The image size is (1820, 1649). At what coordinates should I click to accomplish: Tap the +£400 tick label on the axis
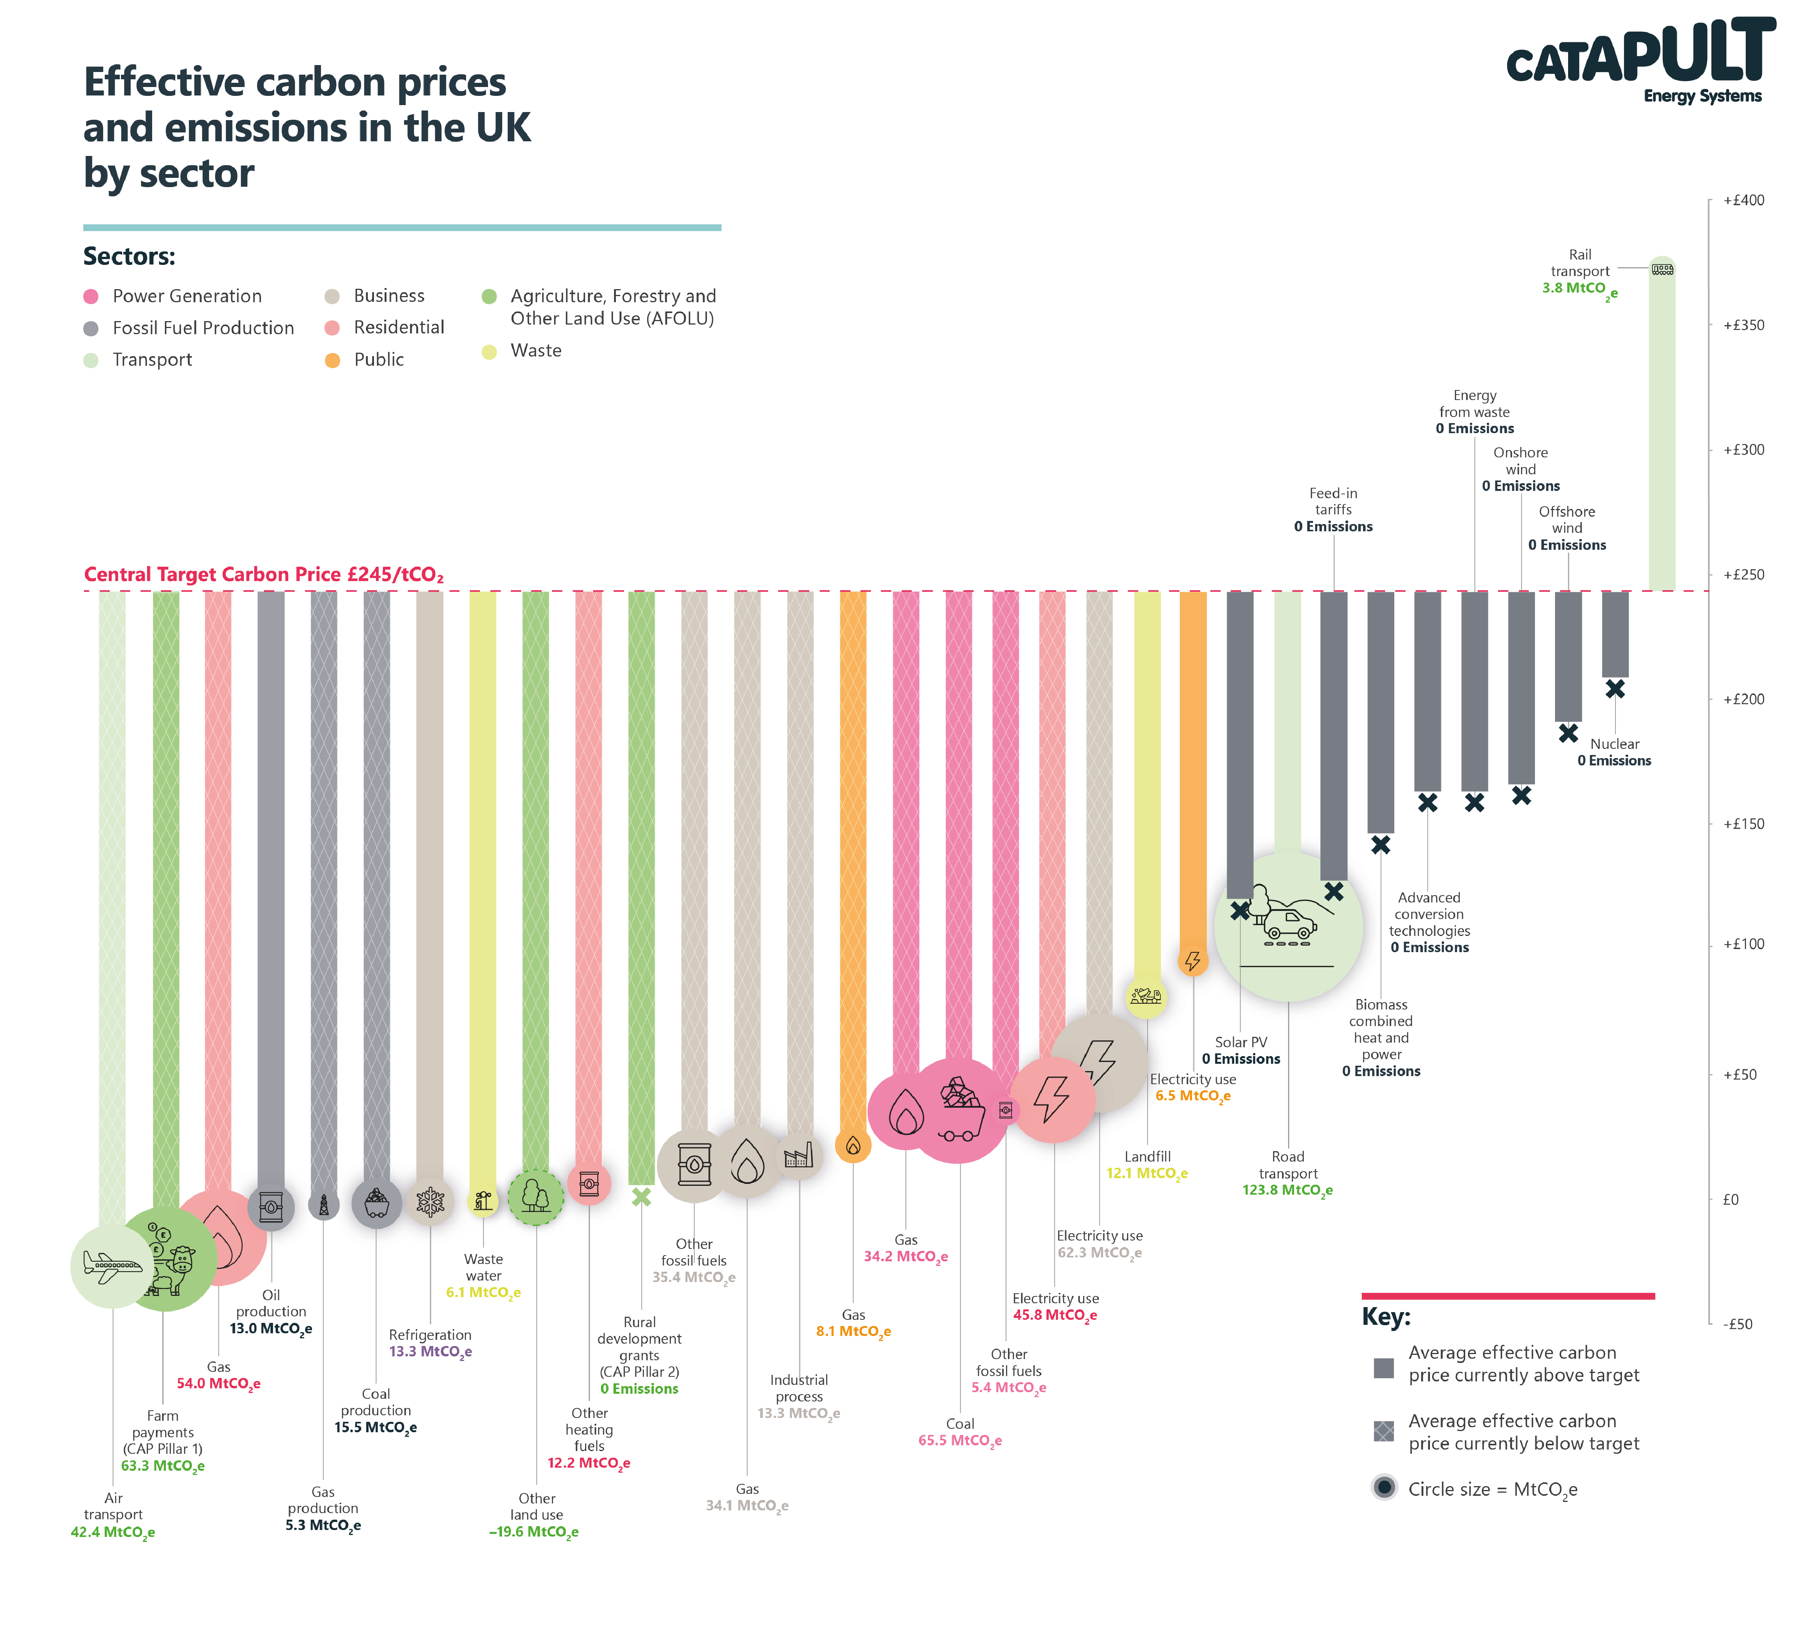click(1742, 200)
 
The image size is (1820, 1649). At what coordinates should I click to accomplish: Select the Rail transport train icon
click(1662, 269)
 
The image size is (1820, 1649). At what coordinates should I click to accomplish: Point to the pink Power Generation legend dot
click(90, 296)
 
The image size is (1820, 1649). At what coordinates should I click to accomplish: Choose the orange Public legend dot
click(332, 360)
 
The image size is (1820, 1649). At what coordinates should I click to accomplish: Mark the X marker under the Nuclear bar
click(1615, 689)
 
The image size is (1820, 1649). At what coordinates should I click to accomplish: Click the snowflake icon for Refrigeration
click(430, 1201)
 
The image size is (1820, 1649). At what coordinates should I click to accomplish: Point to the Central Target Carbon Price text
click(263, 575)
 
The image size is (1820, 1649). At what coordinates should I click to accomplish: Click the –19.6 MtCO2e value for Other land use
click(533, 1532)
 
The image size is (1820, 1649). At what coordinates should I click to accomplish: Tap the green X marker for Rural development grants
click(641, 1197)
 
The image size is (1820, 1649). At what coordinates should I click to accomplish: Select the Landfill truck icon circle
click(1147, 996)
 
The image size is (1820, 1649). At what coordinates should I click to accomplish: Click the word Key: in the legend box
click(1386, 1317)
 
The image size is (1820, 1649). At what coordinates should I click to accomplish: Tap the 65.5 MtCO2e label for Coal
click(959, 1440)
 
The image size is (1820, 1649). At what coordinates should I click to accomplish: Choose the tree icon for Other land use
click(535, 1197)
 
